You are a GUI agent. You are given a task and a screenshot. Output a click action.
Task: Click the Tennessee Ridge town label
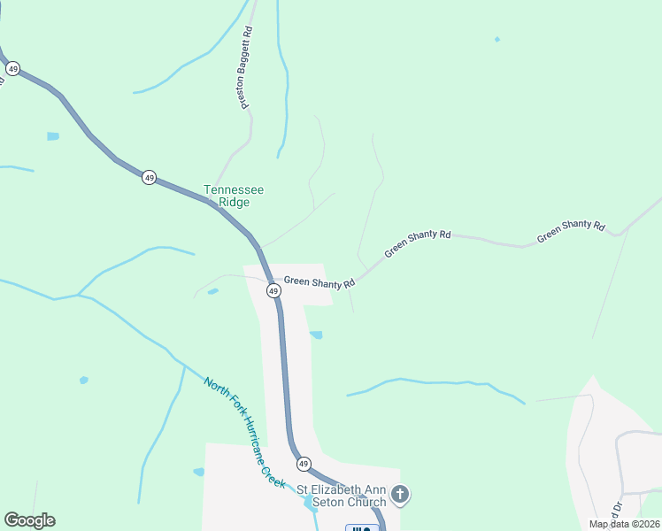[x=234, y=196]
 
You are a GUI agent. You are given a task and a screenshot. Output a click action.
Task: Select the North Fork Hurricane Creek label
[x=244, y=433]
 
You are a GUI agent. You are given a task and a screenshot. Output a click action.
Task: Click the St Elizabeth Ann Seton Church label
[x=341, y=496]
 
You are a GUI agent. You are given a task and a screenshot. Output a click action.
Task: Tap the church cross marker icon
[x=400, y=494]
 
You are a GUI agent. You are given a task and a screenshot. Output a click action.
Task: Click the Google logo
[x=29, y=520]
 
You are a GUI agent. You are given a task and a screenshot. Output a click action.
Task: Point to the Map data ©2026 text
[x=624, y=524]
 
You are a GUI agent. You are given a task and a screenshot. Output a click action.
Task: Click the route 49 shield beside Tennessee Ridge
[x=149, y=177]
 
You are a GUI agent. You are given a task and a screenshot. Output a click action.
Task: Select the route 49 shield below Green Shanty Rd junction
[x=273, y=290]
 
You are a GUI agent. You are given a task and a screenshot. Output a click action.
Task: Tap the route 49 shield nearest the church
[x=303, y=464]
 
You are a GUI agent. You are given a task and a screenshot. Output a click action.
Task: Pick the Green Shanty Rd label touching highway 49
[x=319, y=282]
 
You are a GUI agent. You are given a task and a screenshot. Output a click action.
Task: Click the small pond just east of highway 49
[x=316, y=335]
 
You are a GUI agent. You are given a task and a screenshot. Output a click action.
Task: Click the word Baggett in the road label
[x=246, y=73]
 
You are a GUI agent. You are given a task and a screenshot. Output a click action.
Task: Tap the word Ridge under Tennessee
[x=234, y=203]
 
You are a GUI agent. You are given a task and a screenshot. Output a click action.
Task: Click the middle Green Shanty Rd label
[x=418, y=244]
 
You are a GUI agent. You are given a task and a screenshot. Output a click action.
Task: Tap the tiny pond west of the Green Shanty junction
[x=212, y=291]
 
